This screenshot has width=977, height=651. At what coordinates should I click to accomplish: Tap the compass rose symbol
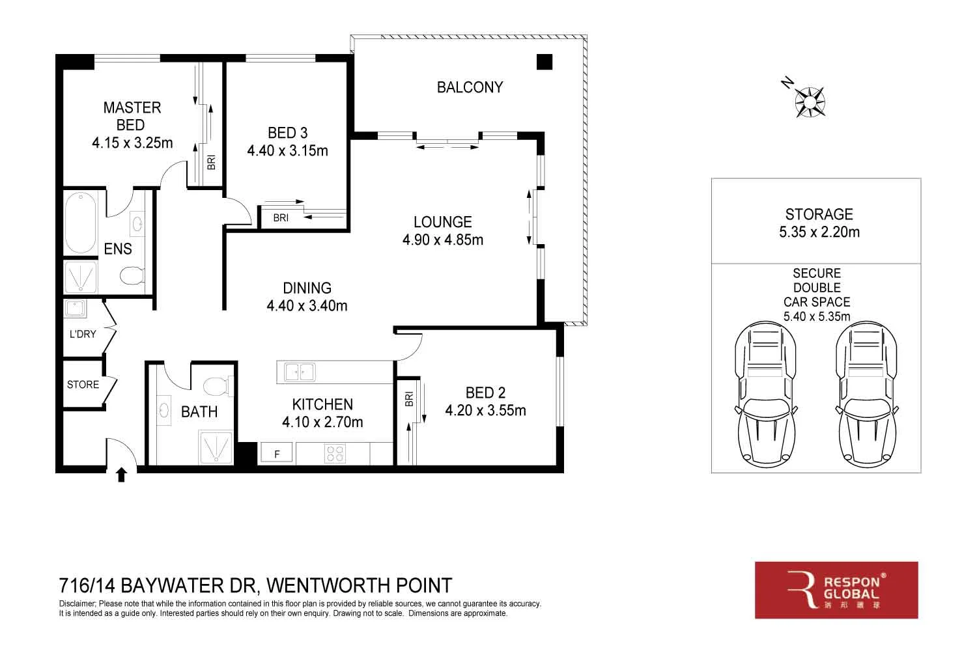810,102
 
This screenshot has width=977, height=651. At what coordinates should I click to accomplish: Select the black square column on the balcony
544,62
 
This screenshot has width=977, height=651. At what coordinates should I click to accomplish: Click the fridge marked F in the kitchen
277,454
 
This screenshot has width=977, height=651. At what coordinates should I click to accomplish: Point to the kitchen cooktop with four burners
335,453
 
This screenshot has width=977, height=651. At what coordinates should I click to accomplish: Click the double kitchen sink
300,372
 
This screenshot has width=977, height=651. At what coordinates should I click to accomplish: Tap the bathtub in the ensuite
81,223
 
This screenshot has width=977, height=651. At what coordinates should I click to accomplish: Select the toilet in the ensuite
132,277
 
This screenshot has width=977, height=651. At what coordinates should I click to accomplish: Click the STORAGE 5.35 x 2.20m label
819,223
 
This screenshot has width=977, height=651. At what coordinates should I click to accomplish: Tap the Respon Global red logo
836,590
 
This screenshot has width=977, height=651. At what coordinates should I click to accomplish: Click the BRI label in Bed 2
409,398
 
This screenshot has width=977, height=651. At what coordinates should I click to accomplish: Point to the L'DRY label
83,334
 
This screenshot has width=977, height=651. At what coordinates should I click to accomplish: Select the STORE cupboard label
83,385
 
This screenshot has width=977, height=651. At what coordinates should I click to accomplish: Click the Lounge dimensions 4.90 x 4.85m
443,240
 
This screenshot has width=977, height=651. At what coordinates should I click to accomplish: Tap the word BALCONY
470,87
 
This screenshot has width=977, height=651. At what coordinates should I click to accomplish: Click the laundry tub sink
75,309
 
